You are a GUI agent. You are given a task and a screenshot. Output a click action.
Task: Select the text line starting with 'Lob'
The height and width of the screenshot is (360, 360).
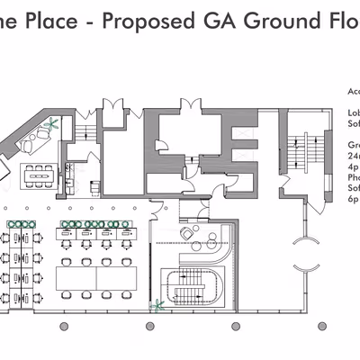(352, 113)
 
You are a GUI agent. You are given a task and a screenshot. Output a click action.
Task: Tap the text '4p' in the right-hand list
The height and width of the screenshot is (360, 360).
(352, 166)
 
